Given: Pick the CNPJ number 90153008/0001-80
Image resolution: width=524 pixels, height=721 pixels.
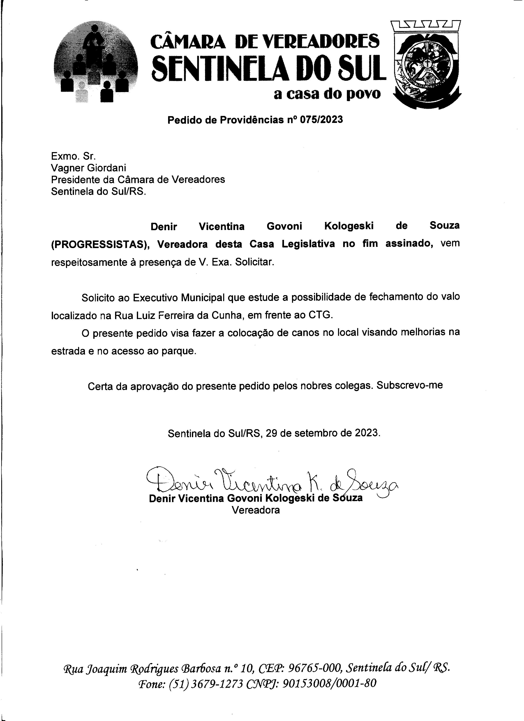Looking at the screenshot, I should (x=329, y=683).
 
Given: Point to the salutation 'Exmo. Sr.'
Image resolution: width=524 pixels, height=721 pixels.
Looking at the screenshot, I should (x=73, y=156).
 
